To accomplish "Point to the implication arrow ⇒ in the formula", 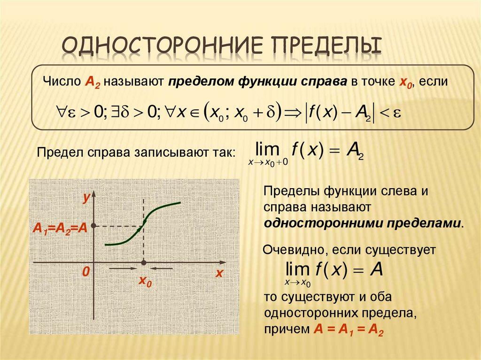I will tap(293, 112).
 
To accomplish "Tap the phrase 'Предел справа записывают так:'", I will tap(137, 153).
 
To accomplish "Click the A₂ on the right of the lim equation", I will tap(355, 150).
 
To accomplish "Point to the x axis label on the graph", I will tap(218, 273).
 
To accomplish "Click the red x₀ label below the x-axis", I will tap(145, 281).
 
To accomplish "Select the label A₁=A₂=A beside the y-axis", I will tap(60, 228).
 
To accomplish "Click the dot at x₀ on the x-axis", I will tap(144, 262).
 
